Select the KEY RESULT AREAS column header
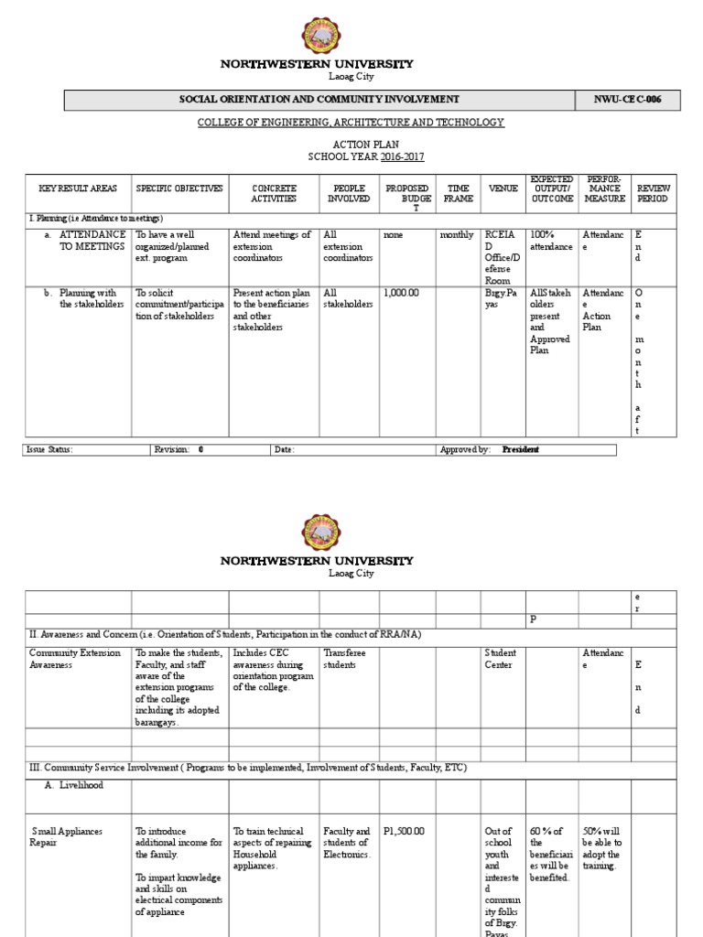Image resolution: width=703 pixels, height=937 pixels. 78,188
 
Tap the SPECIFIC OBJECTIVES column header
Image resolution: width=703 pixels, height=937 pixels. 179,188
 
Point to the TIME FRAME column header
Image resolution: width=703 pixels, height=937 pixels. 458,193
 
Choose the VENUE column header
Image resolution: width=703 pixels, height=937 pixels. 503,188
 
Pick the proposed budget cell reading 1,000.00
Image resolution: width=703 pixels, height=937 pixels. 400,294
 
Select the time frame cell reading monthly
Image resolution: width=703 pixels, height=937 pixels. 457,235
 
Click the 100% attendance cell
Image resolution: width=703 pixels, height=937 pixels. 550,241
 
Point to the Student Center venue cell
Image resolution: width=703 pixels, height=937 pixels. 501,659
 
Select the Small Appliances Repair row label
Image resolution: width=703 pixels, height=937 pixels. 67,837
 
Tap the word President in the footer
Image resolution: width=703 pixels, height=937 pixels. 521,449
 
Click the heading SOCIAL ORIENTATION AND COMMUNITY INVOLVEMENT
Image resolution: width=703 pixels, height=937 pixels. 319,99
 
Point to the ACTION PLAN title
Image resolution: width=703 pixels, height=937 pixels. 351,144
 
